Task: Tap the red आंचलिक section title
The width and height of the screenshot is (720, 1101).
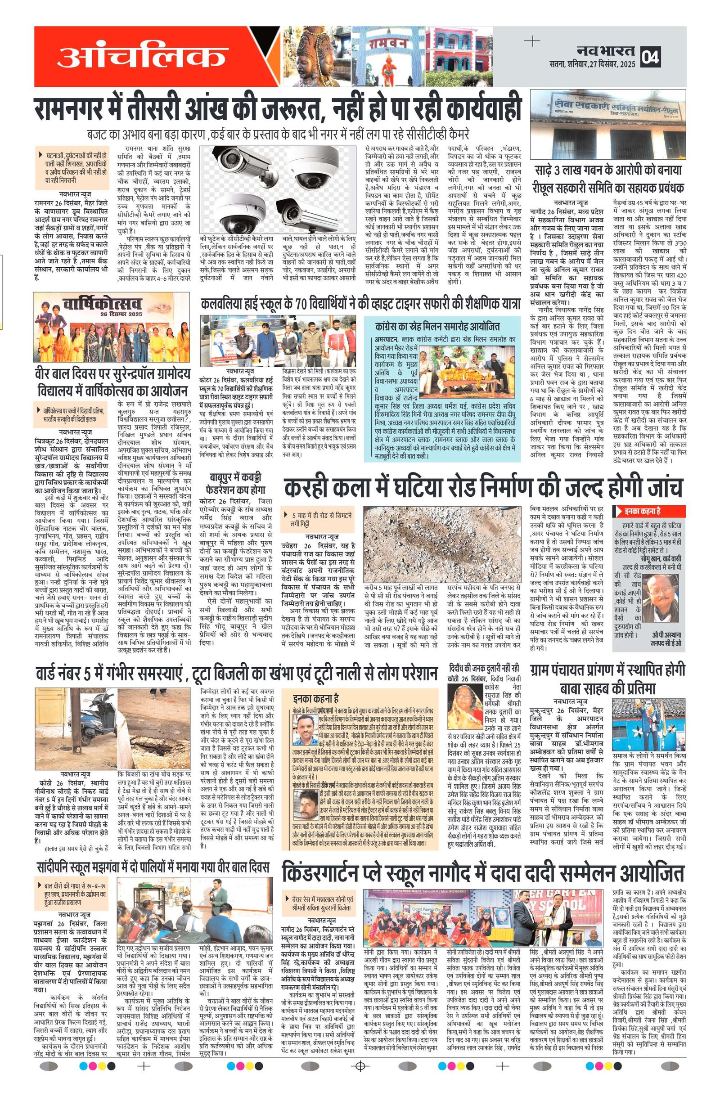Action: tap(142, 56)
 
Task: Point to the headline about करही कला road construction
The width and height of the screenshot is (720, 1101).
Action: tap(482, 486)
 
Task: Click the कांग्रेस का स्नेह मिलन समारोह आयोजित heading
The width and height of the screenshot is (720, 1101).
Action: tap(437, 326)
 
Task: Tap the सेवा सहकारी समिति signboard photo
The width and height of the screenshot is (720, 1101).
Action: tap(608, 126)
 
